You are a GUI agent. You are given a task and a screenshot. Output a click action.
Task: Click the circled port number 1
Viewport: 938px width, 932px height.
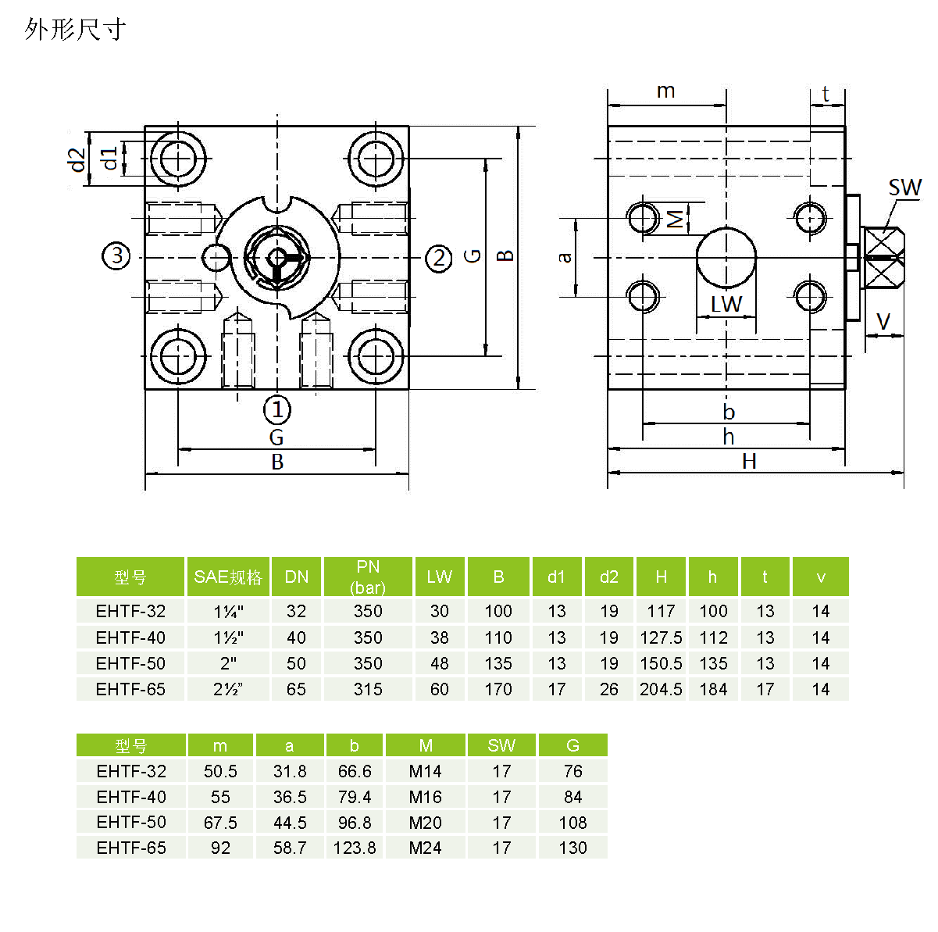tap(276, 409)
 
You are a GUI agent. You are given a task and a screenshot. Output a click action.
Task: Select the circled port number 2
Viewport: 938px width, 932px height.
tap(439, 258)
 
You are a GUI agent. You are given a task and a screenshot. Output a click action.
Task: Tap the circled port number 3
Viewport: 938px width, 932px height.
tap(117, 255)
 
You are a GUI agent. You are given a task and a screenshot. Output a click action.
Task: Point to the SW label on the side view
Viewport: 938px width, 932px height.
tap(904, 188)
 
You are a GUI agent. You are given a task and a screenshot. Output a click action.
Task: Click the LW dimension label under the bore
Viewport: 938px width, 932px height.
tap(726, 304)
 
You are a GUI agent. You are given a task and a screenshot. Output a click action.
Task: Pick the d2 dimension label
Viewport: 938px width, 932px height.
tap(77, 159)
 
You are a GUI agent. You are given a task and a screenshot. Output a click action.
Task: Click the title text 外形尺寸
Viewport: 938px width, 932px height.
tap(75, 30)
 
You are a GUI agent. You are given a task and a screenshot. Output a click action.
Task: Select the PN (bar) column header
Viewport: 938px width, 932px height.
tap(368, 577)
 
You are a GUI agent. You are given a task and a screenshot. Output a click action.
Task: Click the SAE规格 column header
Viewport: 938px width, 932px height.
tap(228, 577)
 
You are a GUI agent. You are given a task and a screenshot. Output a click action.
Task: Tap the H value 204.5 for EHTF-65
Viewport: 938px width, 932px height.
tap(661, 689)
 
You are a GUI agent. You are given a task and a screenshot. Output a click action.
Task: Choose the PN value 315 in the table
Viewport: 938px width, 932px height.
tap(368, 689)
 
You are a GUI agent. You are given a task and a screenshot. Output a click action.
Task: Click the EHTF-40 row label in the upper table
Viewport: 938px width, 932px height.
tap(130, 637)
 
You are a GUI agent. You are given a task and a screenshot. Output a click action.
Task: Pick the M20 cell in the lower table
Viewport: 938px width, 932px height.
tap(425, 823)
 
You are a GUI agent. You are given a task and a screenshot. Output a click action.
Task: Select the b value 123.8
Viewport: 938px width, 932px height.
tap(355, 848)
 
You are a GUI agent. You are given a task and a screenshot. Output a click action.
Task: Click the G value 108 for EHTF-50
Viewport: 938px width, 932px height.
tap(572, 823)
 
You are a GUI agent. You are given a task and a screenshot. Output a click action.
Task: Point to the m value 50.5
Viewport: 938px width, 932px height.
tap(220, 771)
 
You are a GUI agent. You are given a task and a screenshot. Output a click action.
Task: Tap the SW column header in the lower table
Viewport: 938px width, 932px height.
tap(501, 745)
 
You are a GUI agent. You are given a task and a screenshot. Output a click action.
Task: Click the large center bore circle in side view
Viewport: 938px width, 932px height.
tap(726, 258)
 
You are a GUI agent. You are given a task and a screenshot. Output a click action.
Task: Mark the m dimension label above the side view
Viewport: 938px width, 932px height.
tap(665, 91)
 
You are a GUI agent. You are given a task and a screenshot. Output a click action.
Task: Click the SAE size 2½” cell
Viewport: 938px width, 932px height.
tap(228, 689)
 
